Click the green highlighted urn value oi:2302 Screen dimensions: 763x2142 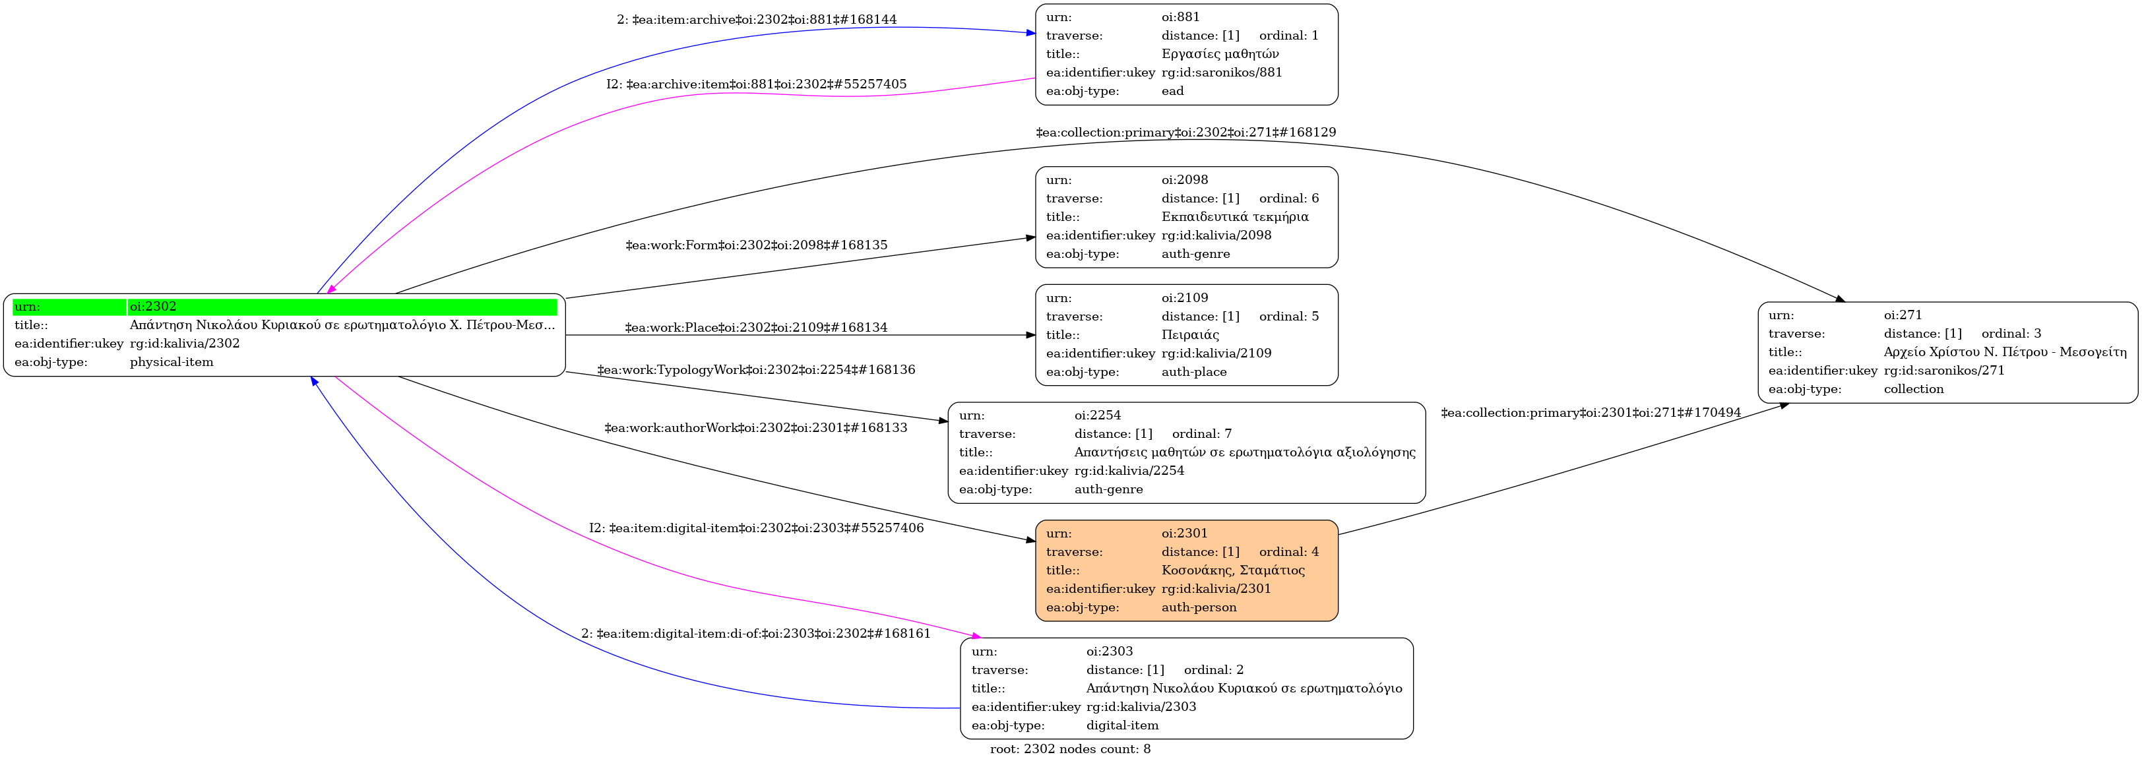(153, 307)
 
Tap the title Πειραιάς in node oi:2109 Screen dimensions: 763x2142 (1190, 335)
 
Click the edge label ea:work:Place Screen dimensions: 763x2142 (756, 328)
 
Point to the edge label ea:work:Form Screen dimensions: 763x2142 (756, 245)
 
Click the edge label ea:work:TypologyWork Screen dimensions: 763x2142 (756, 370)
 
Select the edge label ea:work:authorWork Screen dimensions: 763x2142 (756, 428)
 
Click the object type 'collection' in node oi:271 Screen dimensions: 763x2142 (1913, 389)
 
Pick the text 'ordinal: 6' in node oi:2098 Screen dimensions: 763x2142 (1288, 198)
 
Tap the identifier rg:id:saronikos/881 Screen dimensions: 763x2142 (1222, 73)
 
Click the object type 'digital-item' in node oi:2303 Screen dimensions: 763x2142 (1121, 725)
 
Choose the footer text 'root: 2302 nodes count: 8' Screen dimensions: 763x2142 (1070, 749)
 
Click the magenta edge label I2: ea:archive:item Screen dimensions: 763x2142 (756, 84)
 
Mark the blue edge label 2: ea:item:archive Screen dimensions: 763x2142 (756, 19)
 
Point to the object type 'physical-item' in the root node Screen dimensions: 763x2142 (172, 363)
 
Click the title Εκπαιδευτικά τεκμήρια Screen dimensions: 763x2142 (1235, 217)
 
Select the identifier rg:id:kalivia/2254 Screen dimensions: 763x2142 (1128, 470)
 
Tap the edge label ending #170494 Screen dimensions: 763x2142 (1590, 413)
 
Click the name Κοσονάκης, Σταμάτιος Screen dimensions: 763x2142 (1232, 570)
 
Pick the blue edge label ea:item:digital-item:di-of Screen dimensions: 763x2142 (756, 633)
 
